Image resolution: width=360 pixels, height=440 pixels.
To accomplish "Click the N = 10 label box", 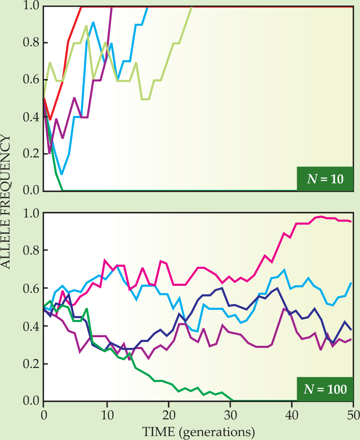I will click(x=324, y=179).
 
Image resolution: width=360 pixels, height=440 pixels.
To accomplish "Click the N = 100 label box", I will click(x=324, y=389).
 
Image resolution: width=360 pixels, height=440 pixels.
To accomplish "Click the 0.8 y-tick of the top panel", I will click(x=30, y=43).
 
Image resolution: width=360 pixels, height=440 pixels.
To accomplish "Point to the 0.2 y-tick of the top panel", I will click(x=30, y=154).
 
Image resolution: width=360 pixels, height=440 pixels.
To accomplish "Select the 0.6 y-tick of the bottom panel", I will click(x=30, y=289).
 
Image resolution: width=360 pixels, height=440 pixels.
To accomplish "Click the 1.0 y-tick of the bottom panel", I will click(x=30, y=213).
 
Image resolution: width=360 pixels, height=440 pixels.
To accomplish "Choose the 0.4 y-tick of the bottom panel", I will click(x=30, y=327).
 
